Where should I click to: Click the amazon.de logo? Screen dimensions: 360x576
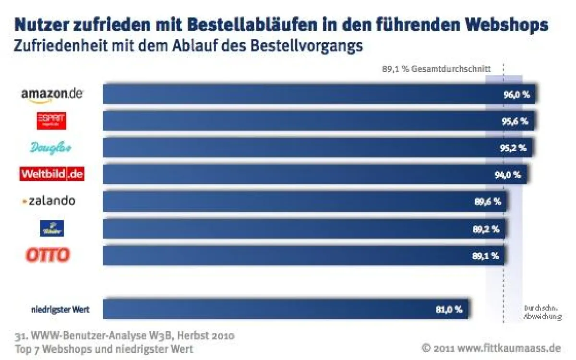tap(52, 94)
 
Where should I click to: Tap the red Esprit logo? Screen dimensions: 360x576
tap(51, 121)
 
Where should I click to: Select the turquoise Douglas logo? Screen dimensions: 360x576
tap(50, 148)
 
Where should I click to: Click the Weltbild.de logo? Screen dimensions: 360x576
tap(52, 174)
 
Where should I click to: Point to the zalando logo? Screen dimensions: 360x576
tap(49, 201)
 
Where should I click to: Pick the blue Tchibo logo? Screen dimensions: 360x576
tap(51, 228)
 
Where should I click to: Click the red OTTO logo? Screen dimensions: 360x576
tap(48, 255)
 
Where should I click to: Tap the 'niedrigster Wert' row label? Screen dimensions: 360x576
tap(60, 310)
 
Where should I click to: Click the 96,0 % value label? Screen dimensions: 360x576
tap(516, 95)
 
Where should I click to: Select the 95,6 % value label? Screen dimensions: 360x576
tap(515, 121)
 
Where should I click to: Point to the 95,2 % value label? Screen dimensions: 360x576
tap(513, 148)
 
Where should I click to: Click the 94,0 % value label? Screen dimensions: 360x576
tap(507, 175)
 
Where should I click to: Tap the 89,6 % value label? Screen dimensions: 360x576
tap(488, 202)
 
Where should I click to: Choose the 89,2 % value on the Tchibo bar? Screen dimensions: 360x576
tap(486, 229)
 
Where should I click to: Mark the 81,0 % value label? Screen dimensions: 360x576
tap(449, 310)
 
